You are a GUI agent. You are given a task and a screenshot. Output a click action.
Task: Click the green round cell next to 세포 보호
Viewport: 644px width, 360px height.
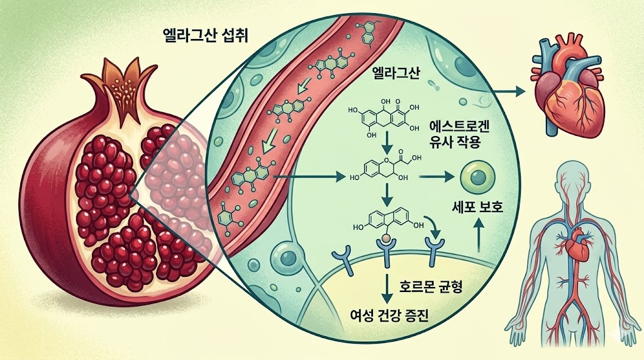tap(472, 177)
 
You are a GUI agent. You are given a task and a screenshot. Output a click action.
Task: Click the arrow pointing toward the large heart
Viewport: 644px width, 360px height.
tap(509, 92)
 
